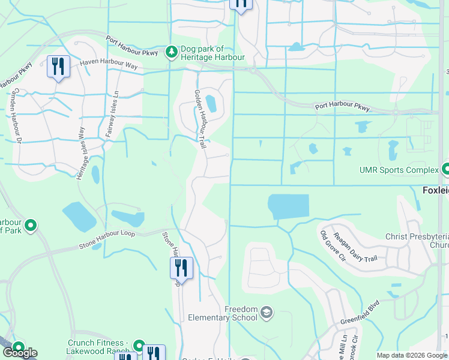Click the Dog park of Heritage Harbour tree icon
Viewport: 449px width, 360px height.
pyautogui.click(x=172, y=53)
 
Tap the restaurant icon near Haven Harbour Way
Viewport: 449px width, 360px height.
pyautogui.click(x=58, y=66)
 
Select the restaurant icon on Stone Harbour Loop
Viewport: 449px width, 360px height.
pyautogui.click(x=181, y=268)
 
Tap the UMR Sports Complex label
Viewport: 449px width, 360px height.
pyautogui.click(x=399, y=170)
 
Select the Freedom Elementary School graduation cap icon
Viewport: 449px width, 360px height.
pyautogui.click(x=266, y=313)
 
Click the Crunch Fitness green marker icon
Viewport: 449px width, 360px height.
pyautogui.click(x=139, y=346)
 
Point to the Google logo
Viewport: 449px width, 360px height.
pyautogui.click(x=20, y=353)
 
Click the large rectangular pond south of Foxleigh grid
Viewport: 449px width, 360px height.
pyautogui.click(x=289, y=207)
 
